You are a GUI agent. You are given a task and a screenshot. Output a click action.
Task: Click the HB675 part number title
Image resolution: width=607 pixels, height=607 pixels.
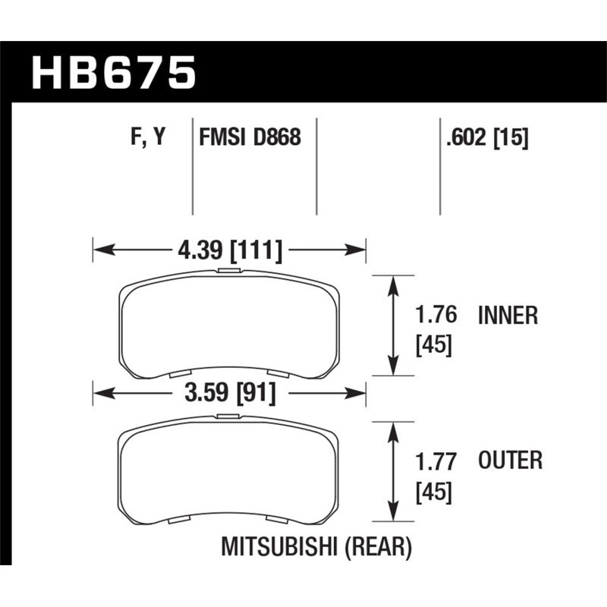coord(114,74)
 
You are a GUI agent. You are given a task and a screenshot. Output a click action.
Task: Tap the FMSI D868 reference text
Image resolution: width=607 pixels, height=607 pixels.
coord(250,137)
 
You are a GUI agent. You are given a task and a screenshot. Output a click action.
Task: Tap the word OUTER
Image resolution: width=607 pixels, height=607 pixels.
coord(510,461)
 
